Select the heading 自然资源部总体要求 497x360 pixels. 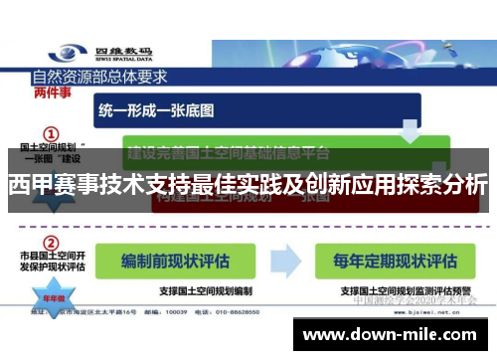[99, 76]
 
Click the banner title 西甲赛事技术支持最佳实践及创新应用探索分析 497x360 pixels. [248, 185]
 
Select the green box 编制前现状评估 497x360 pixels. [176, 260]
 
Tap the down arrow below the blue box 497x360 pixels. [410, 129]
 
